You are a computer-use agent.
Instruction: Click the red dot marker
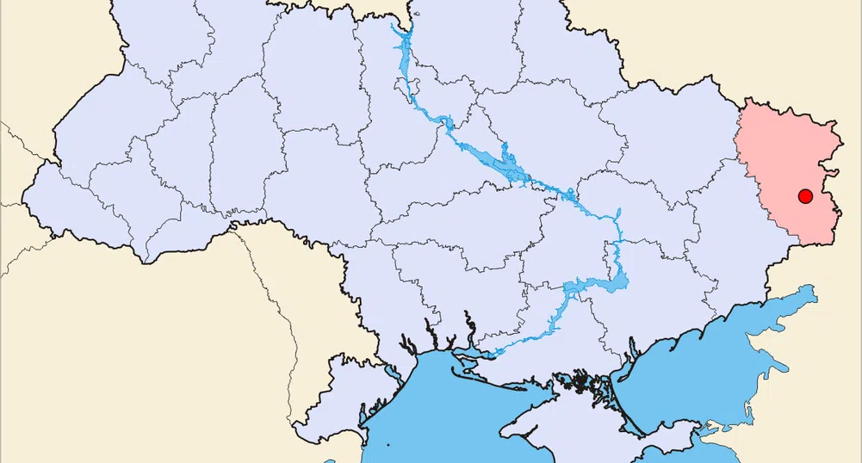pyautogui.click(x=805, y=196)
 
